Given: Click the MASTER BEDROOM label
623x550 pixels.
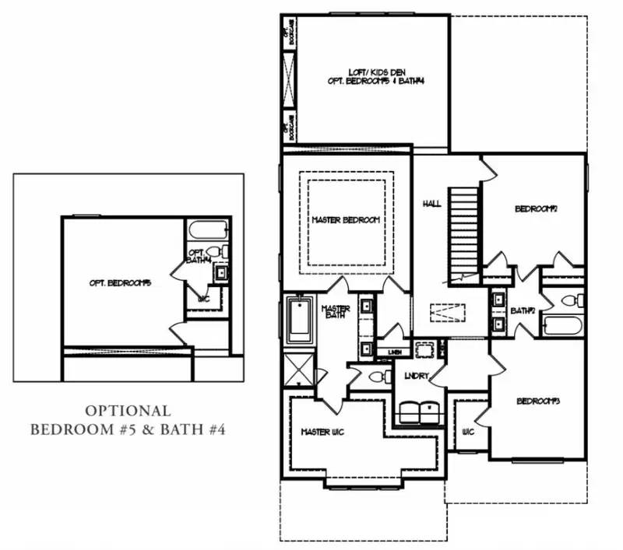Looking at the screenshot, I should [345, 220].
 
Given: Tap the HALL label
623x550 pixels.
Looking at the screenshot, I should [431, 203].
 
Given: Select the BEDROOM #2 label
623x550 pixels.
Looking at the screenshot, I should [535, 208].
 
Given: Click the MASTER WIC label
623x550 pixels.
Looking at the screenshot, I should [322, 431].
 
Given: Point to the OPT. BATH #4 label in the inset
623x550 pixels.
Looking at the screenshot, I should [198, 255].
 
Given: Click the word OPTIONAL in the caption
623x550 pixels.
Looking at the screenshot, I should [128, 410].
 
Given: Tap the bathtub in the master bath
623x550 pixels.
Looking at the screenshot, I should [300, 321].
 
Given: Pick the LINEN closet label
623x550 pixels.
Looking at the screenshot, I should [394, 352].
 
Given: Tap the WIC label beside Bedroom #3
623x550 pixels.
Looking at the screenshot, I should [468, 431].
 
